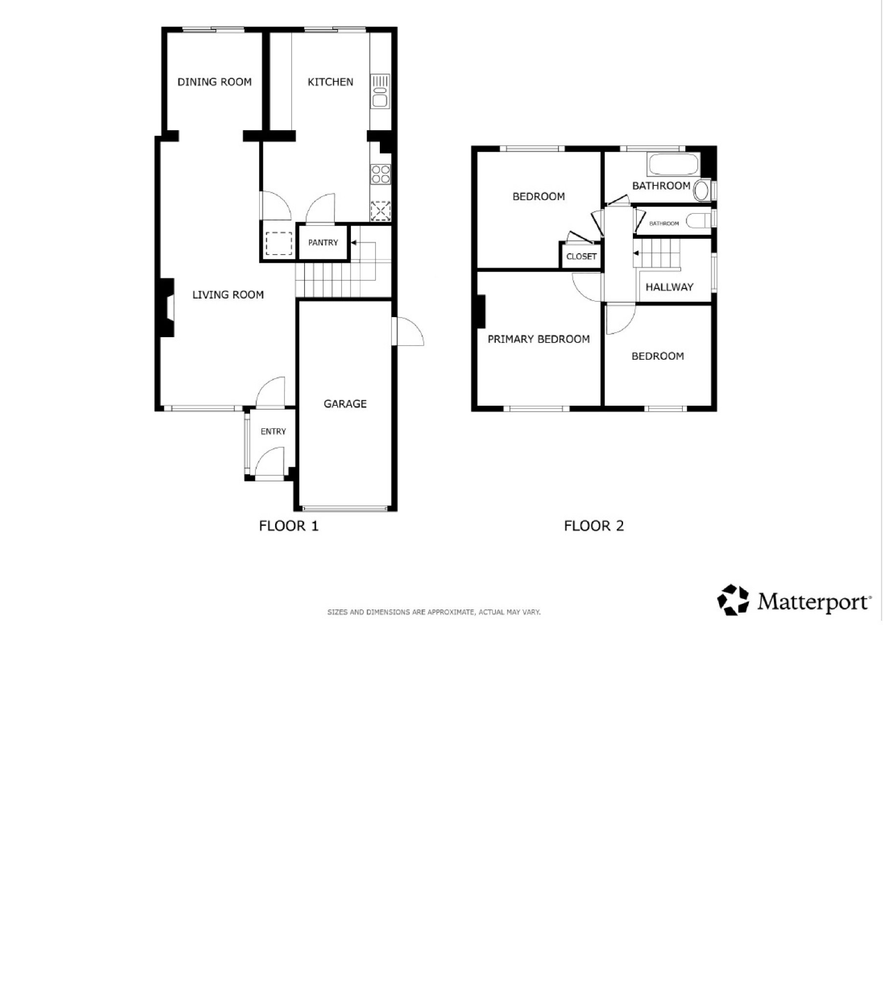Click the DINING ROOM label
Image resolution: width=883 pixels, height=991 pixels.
tap(214, 82)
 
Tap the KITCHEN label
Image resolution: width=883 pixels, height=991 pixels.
tap(330, 82)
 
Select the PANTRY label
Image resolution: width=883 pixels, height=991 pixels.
tap(323, 242)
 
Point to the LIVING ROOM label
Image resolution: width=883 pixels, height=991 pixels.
tap(228, 295)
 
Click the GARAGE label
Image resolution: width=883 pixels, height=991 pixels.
tap(345, 404)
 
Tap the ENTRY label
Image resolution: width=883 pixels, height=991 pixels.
tap(273, 431)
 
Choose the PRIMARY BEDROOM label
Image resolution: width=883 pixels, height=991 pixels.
tap(539, 339)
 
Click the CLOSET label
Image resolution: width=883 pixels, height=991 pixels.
tap(581, 256)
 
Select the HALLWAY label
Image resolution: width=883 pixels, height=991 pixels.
tap(670, 287)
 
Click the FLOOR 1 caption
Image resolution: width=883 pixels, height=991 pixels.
tap(289, 526)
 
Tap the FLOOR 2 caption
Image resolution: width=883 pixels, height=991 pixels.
tap(594, 526)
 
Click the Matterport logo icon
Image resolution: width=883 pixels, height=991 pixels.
tap(733, 599)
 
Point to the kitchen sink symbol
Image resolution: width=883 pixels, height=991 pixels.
tap(380, 91)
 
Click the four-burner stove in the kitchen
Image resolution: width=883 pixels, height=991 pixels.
tap(381, 174)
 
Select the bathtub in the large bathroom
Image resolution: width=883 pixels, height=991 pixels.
tap(674, 164)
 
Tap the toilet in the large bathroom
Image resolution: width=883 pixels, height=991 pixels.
tap(703, 190)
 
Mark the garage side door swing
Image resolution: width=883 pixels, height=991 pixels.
tap(410, 332)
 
